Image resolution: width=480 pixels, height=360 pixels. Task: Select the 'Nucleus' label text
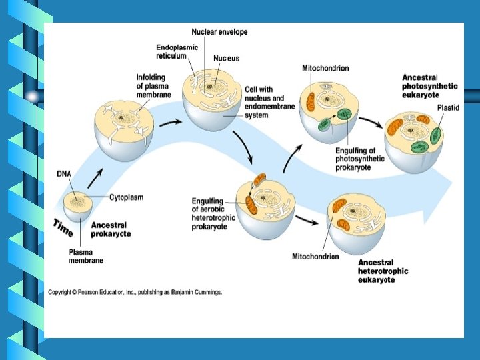click(x=226, y=58)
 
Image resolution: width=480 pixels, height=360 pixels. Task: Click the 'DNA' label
click(x=63, y=174)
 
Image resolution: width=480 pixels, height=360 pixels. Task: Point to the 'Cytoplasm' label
click(x=126, y=197)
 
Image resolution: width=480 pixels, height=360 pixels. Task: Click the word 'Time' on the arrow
click(x=63, y=227)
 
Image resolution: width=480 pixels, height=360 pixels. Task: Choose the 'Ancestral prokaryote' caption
click(x=111, y=229)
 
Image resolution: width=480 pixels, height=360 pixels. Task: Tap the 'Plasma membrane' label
click(x=86, y=256)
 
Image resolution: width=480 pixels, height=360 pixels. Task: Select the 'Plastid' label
click(x=447, y=107)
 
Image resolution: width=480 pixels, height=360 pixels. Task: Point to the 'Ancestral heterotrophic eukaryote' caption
click(x=383, y=271)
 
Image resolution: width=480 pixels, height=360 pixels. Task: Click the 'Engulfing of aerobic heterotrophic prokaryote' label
click(x=209, y=213)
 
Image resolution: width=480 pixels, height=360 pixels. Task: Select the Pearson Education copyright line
click(x=135, y=292)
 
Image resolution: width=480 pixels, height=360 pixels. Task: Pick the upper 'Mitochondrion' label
click(x=325, y=68)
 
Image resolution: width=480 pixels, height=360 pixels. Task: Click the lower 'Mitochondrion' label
click(x=315, y=256)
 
